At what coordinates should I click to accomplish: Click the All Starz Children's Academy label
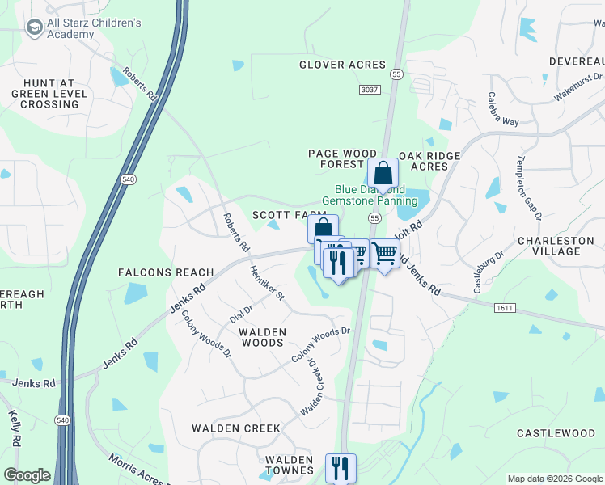click(x=95, y=29)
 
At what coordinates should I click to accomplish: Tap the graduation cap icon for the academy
click(x=34, y=29)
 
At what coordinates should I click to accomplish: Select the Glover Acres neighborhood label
click(x=342, y=65)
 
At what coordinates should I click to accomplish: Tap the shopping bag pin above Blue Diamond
click(x=383, y=174)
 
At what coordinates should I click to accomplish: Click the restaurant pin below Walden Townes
click(x=341, y=468)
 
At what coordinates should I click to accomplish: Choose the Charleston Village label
click(x=561, y=246)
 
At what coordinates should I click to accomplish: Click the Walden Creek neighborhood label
click(x=235, y=428)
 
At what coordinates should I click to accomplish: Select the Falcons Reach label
click(x=166, y=272)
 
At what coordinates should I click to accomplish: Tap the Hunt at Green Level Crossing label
click(x=50, y=94)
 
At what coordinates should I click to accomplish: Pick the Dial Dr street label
click(x=241, y=309)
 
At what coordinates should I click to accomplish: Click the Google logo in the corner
click(x=27, y=475)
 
